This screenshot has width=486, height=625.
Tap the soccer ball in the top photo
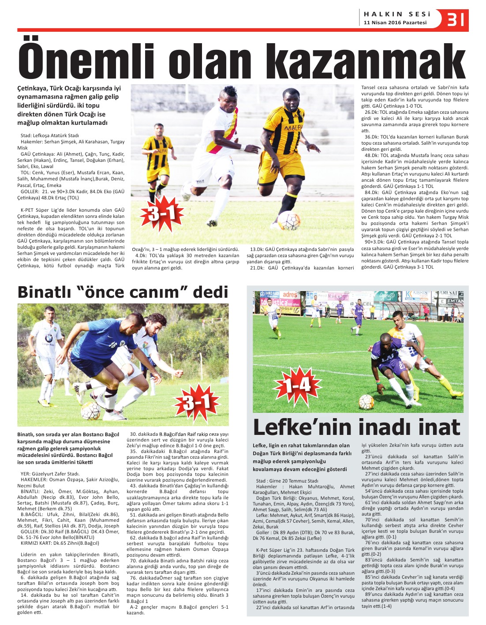(x=289, y=220)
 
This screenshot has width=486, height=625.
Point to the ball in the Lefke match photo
(x=366, y=402)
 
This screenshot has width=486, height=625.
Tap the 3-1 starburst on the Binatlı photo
(x=197, y=401)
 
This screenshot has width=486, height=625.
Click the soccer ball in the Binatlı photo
(x=90, y=411)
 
